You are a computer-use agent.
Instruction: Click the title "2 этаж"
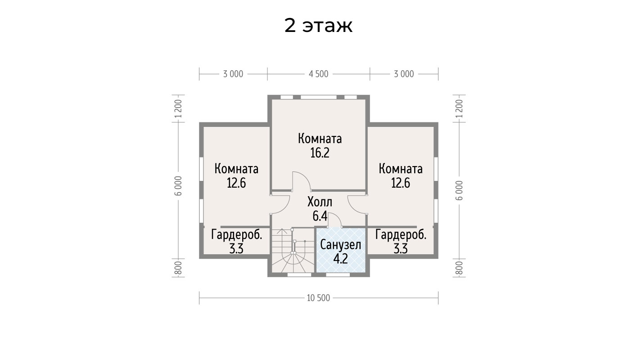point(318,26)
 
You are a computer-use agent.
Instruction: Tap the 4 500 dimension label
point(319,74)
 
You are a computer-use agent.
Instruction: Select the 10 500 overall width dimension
point(319,298)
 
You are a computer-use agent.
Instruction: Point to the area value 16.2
point(320,153)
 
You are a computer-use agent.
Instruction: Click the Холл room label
point(320,202)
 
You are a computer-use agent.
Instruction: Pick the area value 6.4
point(320,216)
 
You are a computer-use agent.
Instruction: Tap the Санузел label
point(340,245)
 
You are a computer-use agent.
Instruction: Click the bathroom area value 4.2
point(340,259)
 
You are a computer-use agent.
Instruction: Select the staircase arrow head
point(282,230)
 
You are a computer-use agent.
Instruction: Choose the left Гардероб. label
point(237,235)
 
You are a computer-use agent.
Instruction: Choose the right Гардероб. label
point(401,235)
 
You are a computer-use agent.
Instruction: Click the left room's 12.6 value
point(236,183)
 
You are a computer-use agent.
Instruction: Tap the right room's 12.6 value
point(401,183)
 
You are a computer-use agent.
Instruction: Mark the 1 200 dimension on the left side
point(178,108)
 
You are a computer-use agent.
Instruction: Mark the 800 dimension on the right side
point(459,268)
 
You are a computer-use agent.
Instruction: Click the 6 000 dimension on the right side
point(459,190)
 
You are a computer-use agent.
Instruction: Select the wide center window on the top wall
point(319,97)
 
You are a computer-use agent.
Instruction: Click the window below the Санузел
point(338,274)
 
